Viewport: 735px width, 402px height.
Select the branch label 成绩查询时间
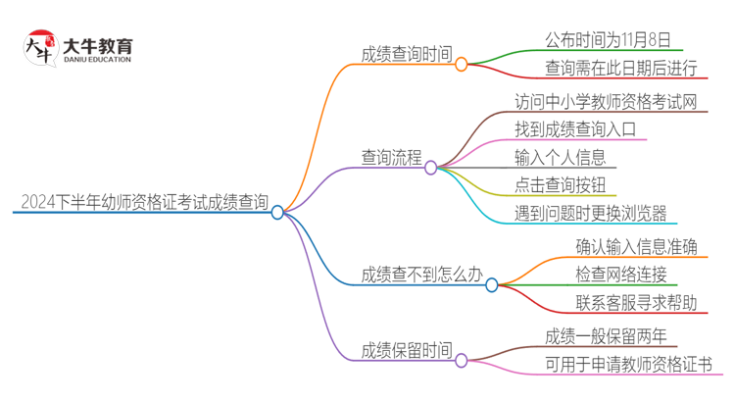pos(407,56)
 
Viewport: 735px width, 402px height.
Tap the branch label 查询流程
pos(391,157)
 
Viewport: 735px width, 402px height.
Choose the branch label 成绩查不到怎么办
pos(421,275)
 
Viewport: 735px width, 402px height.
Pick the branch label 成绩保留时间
pos(407,349)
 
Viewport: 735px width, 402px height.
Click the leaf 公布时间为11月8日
pos(608,40)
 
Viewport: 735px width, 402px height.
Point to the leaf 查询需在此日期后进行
pos(621,68)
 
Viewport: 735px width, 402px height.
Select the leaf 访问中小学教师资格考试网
pos(606,101)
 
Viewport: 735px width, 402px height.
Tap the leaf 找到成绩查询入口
pos(575,128)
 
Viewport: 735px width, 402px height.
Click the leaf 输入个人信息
pos(560,156)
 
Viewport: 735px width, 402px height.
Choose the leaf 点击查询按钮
pos(560,183)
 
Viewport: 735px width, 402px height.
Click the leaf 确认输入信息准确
pos(637,245)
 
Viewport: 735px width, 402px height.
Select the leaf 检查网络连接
pos(621,274)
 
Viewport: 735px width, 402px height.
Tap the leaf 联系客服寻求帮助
pos(637,302)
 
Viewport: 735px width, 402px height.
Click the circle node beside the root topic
pos(277,212)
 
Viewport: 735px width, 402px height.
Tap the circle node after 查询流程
pos(430,168)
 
